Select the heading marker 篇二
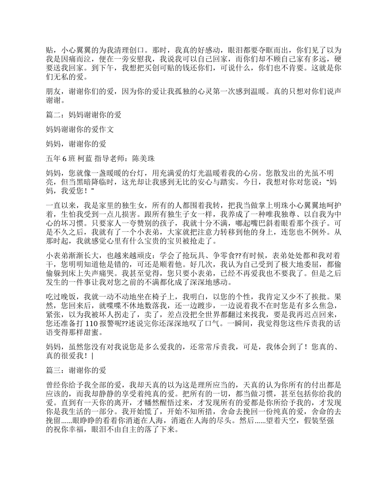point(53,115)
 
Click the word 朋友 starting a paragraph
point(53,92)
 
